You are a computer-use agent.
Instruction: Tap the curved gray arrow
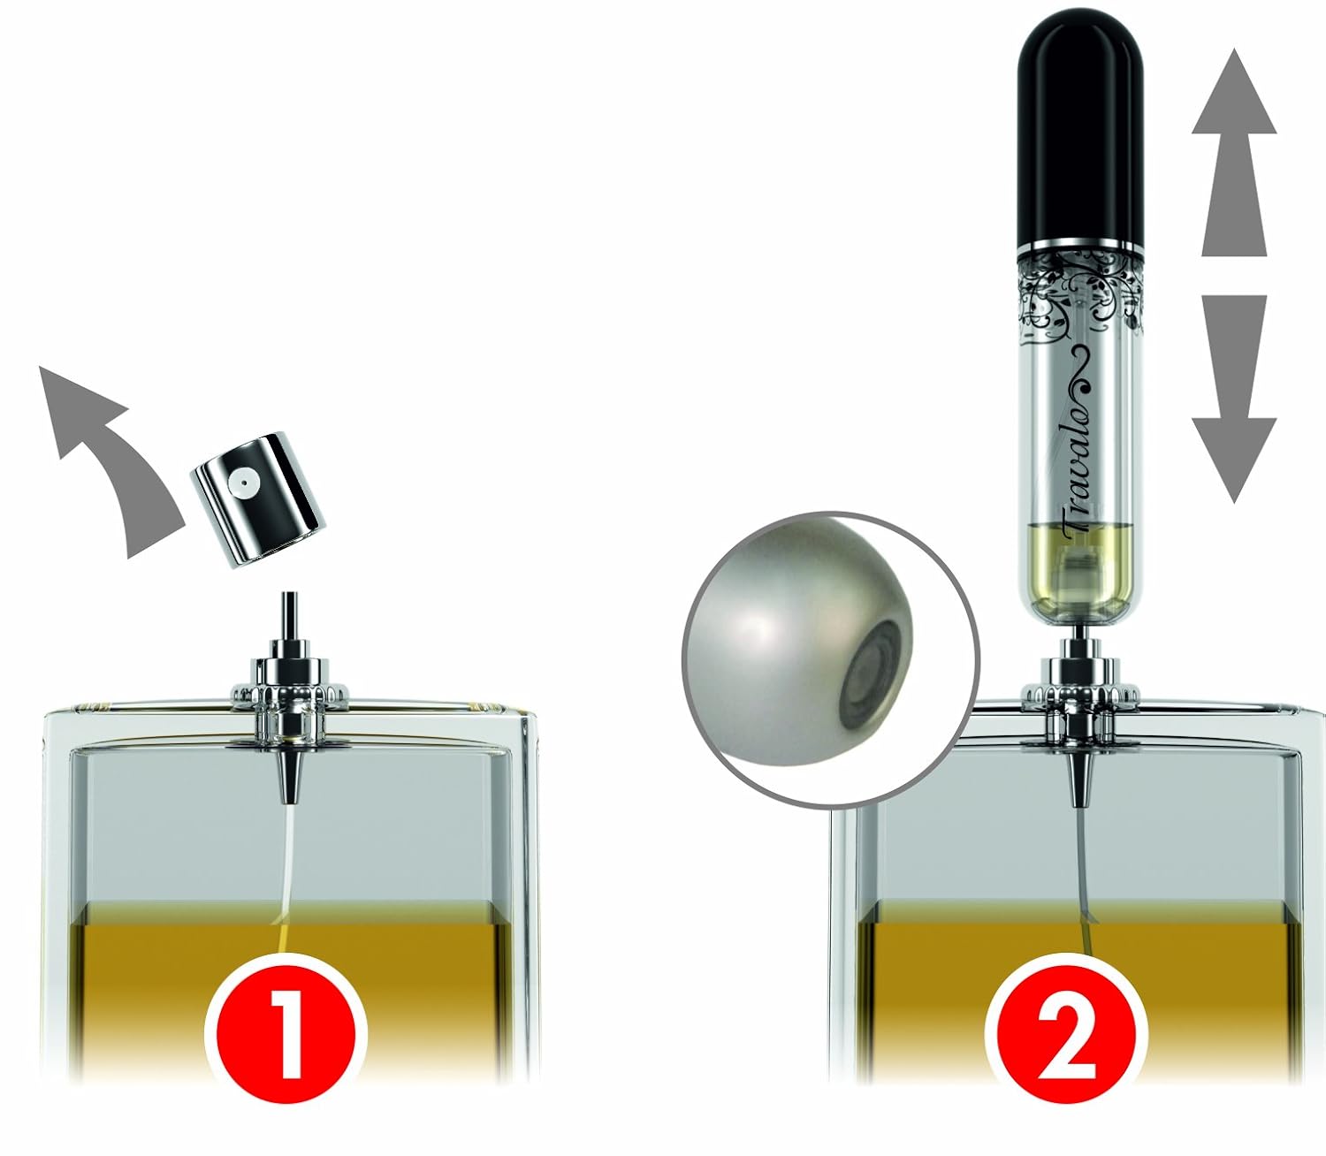click(x=106, y=460)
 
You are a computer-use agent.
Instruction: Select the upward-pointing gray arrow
click(x=1233, y=150)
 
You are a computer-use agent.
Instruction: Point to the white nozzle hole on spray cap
click(x=241, y=482)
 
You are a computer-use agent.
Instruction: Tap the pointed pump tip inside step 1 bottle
click(x=289, y=774)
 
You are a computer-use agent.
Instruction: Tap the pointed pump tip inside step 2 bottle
click(x=1078, y=778)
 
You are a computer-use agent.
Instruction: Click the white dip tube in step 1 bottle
click(x=288, y=866)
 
